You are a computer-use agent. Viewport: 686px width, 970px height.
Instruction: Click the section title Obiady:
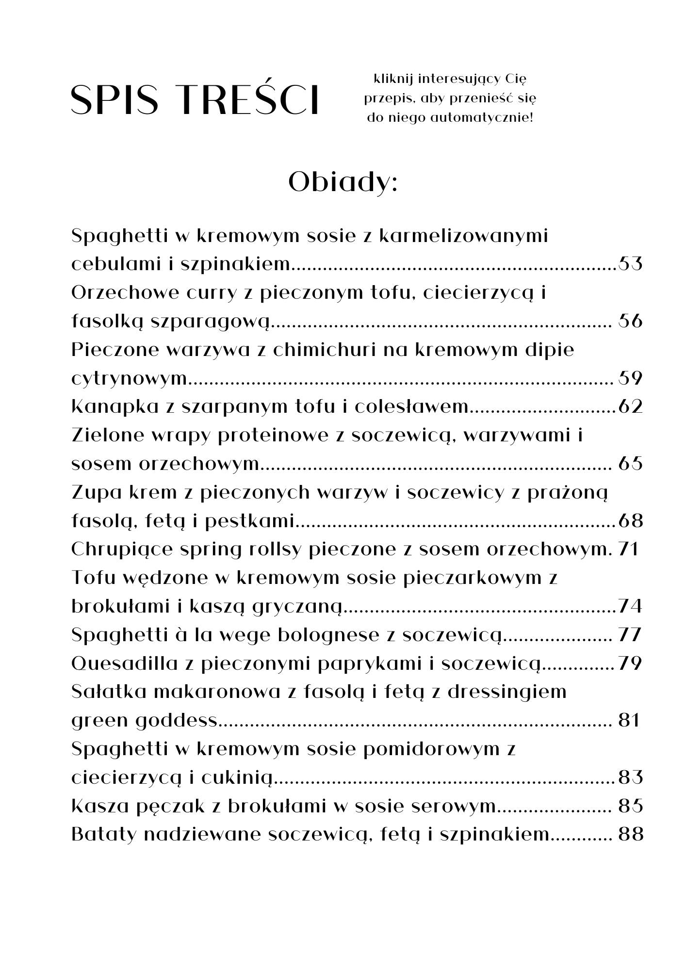[343, 182]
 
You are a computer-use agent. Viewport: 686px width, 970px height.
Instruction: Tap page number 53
[630, 264]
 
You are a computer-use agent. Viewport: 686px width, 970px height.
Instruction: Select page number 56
[630, 321]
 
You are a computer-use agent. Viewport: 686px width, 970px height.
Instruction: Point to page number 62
[630, 406]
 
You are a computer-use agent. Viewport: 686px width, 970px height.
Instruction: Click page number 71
[629, 550]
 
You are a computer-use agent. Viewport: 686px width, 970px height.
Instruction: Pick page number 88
[630, 835]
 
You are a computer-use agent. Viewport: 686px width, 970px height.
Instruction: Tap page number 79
[630, 663]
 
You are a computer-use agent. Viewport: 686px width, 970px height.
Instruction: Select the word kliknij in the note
[392, 79]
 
